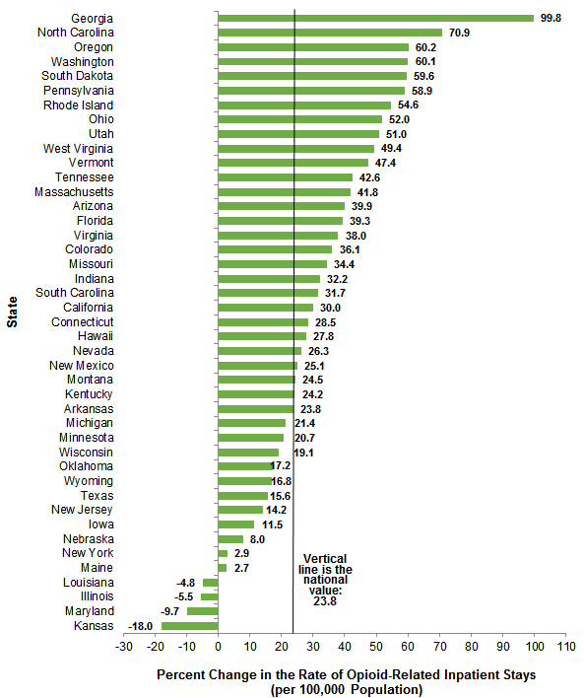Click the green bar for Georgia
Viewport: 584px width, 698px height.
point(375,18)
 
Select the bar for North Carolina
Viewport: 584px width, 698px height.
point(330,33)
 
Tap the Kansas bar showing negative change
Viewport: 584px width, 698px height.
point(189,625)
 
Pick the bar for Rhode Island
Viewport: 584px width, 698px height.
point(304,105)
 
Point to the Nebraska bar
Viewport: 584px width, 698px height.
point(230,539)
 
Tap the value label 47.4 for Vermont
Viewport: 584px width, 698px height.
point(386,163)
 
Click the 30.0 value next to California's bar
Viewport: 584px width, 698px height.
point(331,308)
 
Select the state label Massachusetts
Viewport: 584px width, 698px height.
point(74,191)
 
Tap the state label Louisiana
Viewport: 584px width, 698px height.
point(87,583)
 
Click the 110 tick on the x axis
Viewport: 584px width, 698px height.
point(565,647)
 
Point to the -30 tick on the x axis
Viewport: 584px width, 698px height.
point(123,647)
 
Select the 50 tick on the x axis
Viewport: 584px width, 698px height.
point(376,647)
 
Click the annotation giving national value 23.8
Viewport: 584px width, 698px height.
point(325,578)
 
